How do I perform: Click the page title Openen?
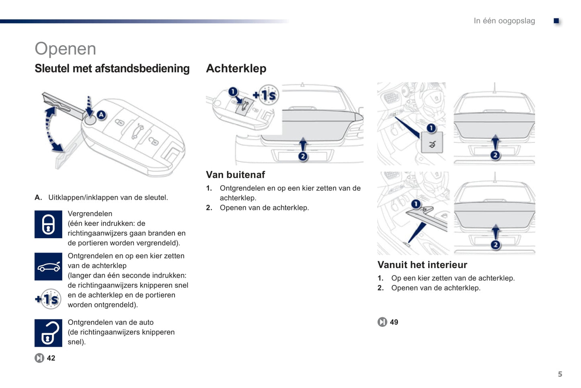click(x=65, y=49)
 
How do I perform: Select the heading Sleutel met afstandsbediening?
click(x=112, y=68)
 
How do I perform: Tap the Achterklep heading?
click(x=236, y=68)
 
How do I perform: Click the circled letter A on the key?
click(x=101, y=115)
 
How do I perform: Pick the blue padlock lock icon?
click(x=48, y=224)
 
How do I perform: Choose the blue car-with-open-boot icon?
click(x=48, y=266)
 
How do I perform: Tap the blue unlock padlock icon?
click(x=48, y=333)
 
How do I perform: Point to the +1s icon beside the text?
click(x=48, y=299)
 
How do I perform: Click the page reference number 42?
click(x=51, y=358)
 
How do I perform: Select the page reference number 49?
click(x=394, y=322)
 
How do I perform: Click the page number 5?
click(x=560, y=374)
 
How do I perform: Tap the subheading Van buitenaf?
click(x=235, y=175)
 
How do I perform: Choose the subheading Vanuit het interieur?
click(x=422, y=265)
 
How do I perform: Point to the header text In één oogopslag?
click(x=504, y=21)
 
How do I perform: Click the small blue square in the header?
click(x=556, y=21)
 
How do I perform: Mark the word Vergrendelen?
click(x=90, y=214)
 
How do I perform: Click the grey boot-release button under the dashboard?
click(x=432, y=143)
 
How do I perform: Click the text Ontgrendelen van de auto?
click(x=111, y=322)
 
